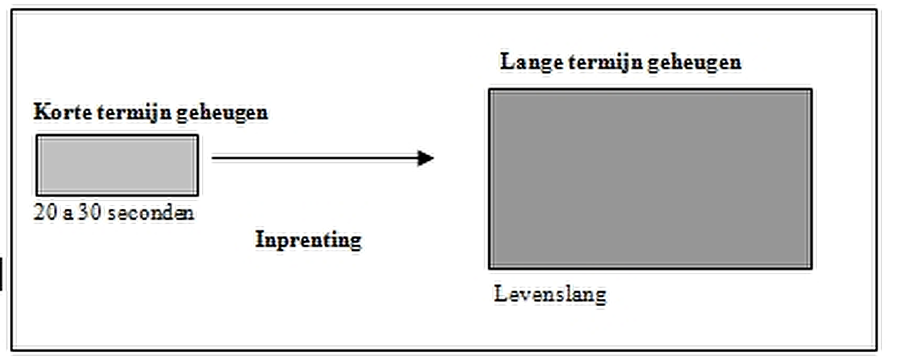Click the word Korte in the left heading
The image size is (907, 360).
click(x=63, y=112)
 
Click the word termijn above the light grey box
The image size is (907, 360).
click(x=134, y=113)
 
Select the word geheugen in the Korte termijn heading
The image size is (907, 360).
click(x=222, y=113)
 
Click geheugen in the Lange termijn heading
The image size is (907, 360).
click(x=694, y=63)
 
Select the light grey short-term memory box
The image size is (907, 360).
click(x=118, y=165)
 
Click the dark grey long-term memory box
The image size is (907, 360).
click(x=650, y=179)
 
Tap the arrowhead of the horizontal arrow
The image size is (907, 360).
click(x=426, y=158)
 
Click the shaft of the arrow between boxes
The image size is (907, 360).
click(x=315, y=158)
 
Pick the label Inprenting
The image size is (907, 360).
click(x=308, y=240)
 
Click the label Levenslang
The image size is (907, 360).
click(x=550, y=294)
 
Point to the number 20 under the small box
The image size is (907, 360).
click(x=45, y=212)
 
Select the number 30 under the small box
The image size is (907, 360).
click(x=89, y=212)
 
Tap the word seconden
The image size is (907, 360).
click(x=151, y=213)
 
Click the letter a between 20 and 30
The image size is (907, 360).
click(x=67, y=215)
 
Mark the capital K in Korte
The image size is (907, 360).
click(x=41, y=111)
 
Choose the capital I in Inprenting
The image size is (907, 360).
click(x=260, y=239)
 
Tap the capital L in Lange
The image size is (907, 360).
click(x=508, y=61)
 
